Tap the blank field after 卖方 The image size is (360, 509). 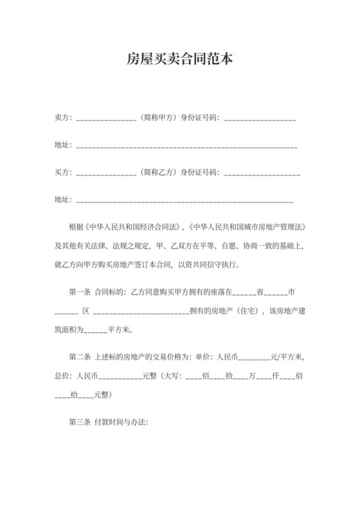click(105, 120)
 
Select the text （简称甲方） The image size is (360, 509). click(157, 118)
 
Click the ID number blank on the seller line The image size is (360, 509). click(260, 120)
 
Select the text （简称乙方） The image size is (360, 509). click(157, 173)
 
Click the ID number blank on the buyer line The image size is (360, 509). click(262, 174)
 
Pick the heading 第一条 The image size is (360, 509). click(79, 291)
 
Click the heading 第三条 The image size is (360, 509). click(79, 424)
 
